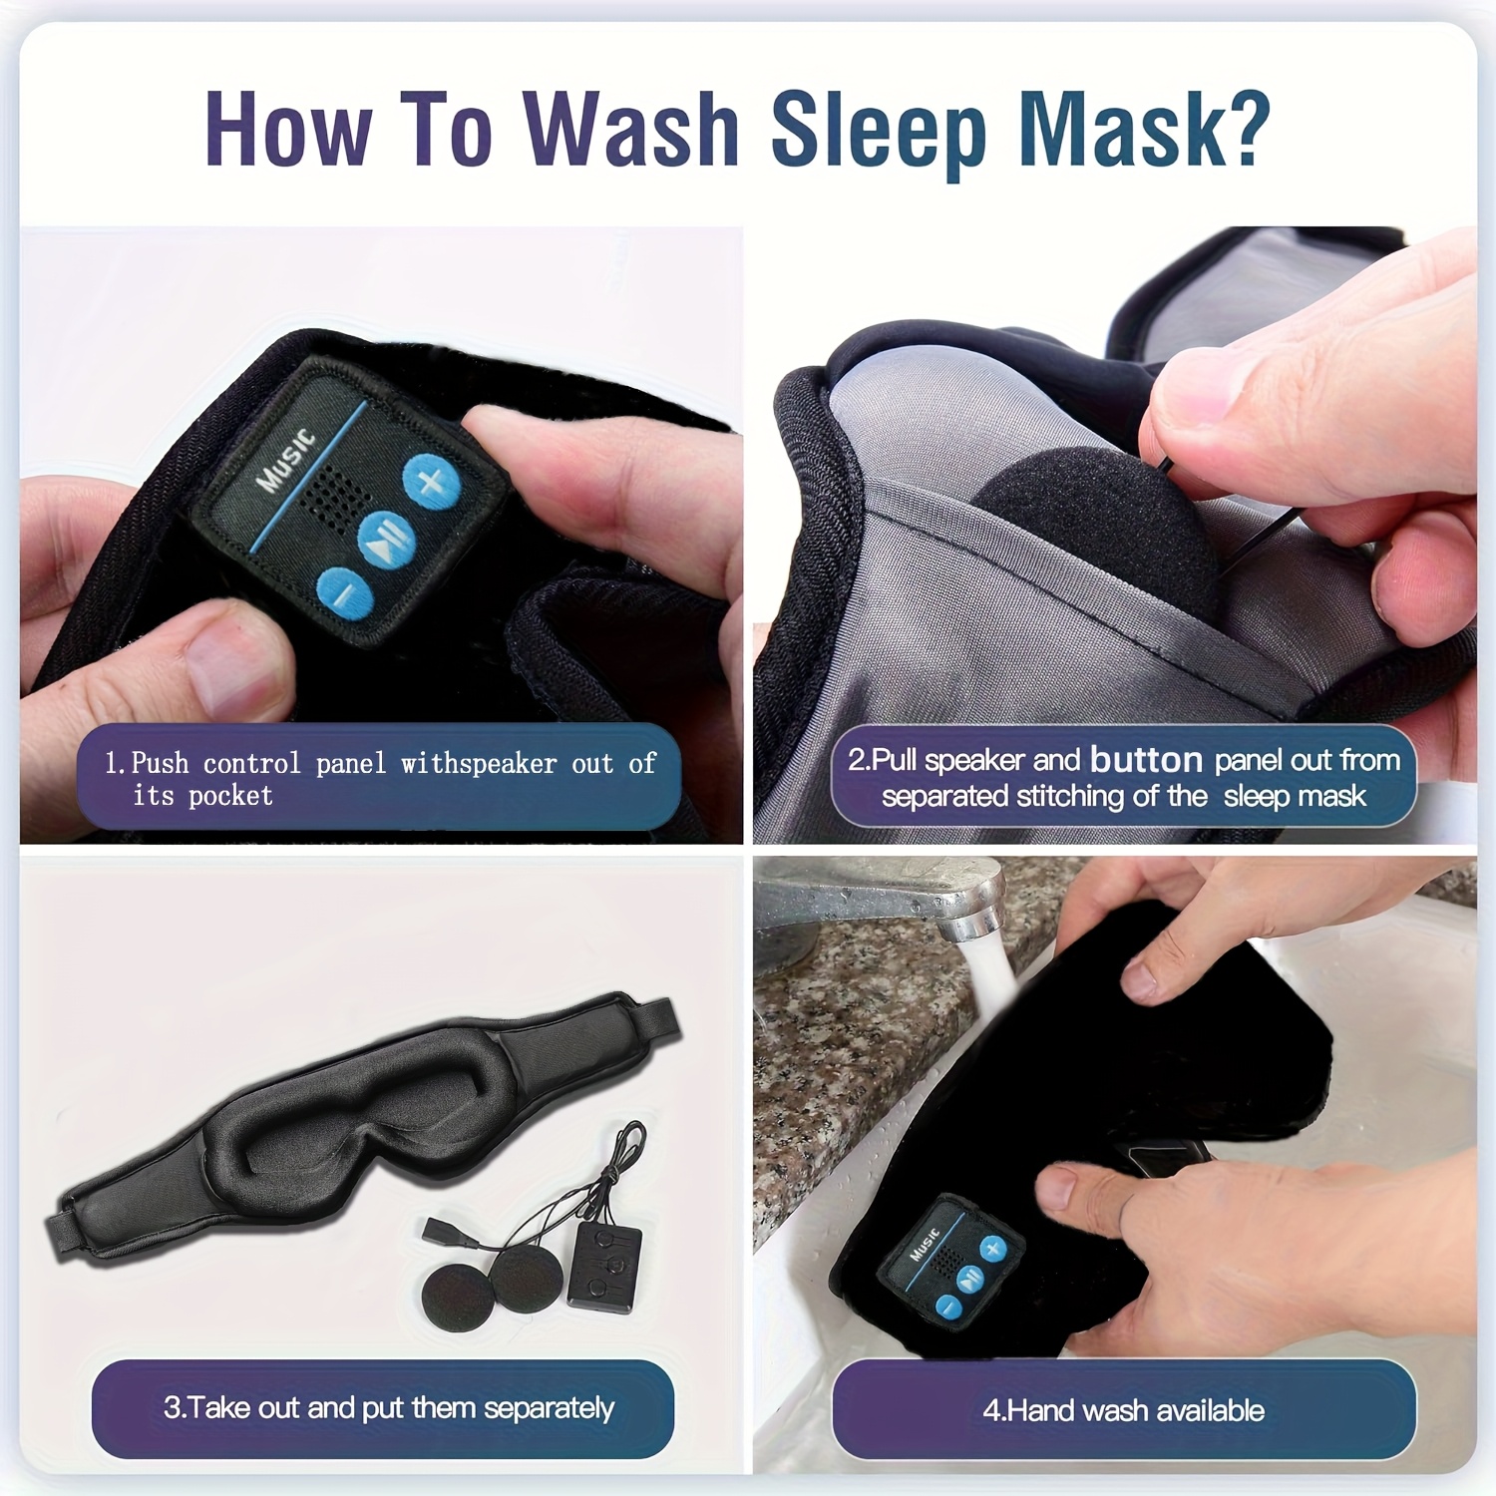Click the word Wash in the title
pos(630,130)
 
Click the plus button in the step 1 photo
pos(432,483)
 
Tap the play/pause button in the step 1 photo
pos(387,540)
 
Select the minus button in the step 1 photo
pos(344,595)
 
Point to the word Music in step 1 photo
pos(286,462)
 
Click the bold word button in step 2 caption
pos(1146,760)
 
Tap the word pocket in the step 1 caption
pos(230,796)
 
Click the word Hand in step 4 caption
pos(1042,1410)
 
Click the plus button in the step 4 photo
pos(991,1249)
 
